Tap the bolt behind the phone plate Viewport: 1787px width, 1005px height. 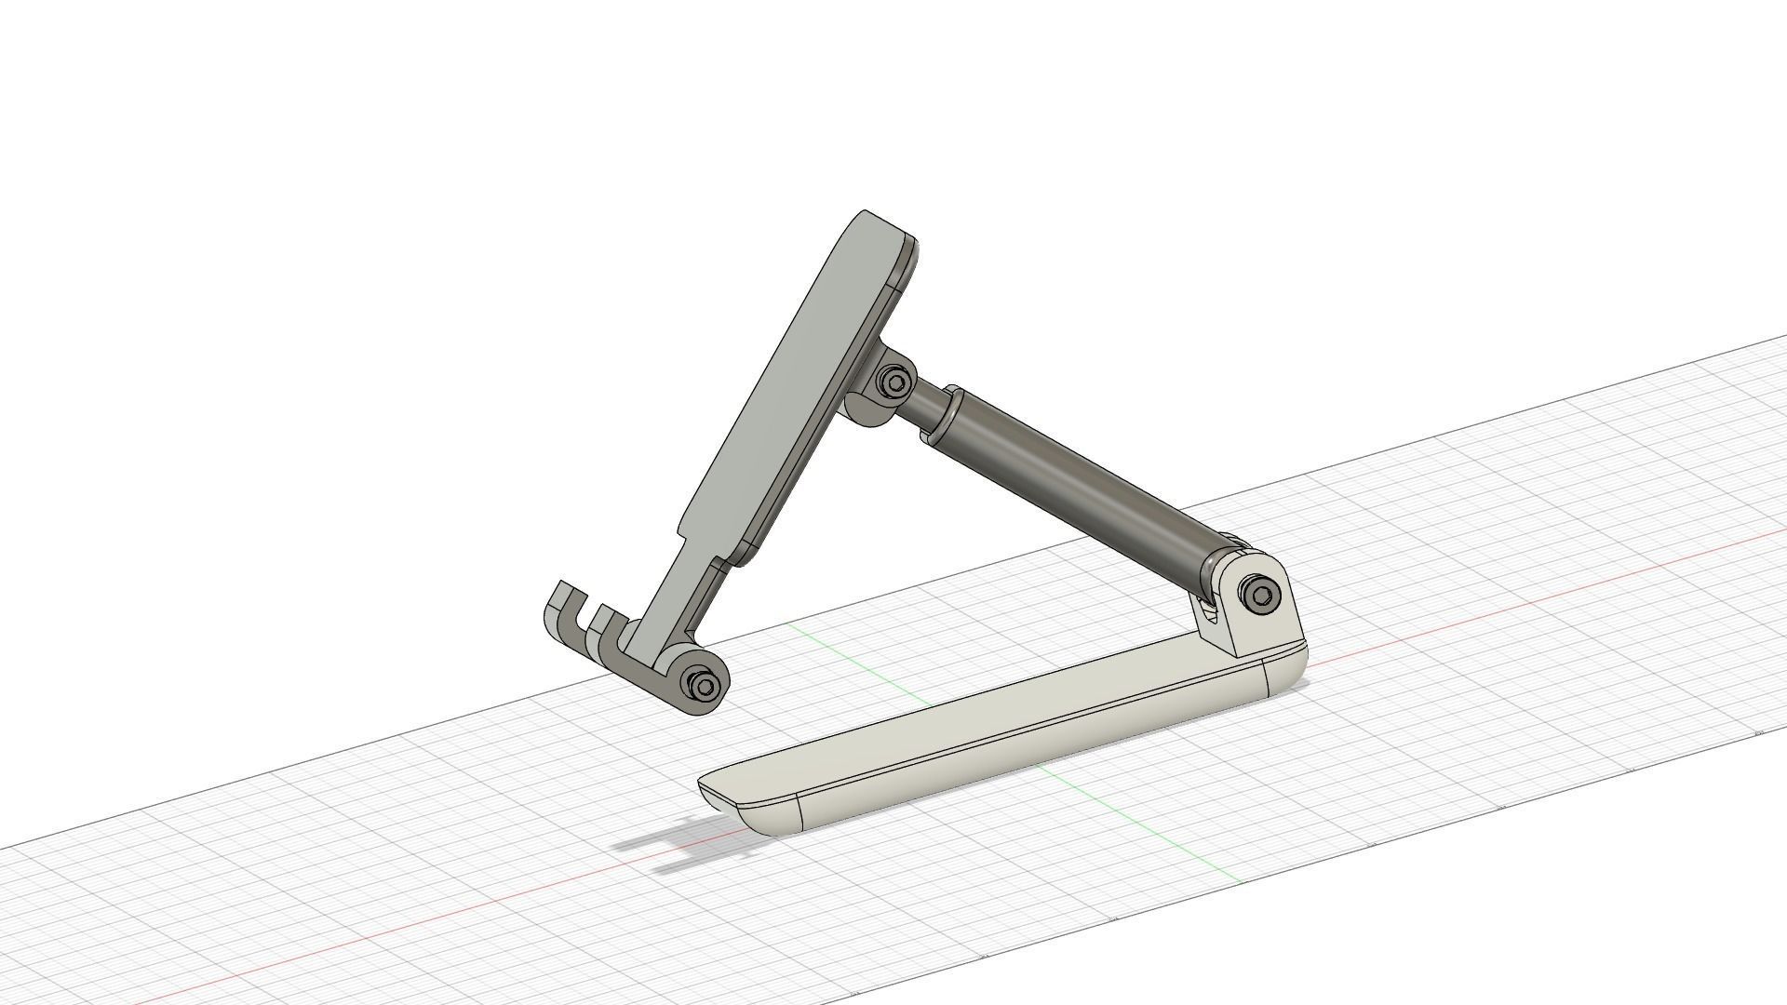(895, 382)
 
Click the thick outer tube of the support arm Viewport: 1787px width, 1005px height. (1080, 475)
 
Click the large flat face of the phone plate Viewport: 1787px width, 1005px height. (791, 391)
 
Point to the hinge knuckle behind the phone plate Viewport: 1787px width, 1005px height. (870, 409)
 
